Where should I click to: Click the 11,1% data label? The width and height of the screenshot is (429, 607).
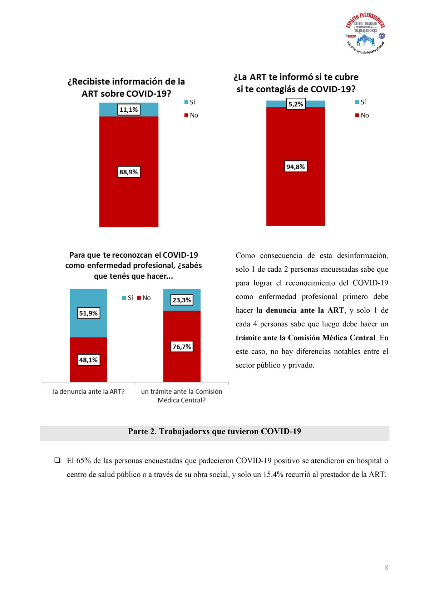click(x=129, y=110)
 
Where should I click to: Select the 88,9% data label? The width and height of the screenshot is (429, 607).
click(x=129, y=172)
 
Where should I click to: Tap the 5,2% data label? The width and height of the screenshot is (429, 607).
click(x=296, y=104)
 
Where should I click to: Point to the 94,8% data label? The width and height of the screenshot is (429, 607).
click(x=296, y=167)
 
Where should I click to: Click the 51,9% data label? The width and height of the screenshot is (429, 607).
click(x=88, y=313)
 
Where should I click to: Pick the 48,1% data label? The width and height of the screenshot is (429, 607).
click(x=88, y=360)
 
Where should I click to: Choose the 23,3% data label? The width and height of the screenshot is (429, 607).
click(x=182, y=300)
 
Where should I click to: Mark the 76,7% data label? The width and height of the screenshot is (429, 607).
click(x=182, y=347)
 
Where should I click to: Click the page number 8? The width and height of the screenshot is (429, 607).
click(x=386, y=568)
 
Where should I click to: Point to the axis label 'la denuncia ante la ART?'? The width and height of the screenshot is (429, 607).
click(x=89, y=392)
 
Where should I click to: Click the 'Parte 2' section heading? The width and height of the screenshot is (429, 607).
click(x=214, y=431)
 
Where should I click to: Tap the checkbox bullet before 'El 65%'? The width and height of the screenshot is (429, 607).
click(x=57, y=461)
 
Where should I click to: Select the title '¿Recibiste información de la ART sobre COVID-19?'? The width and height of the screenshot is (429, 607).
click(x=126, y=87)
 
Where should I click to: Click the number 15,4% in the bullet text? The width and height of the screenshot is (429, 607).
click(x=273, y=475)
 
